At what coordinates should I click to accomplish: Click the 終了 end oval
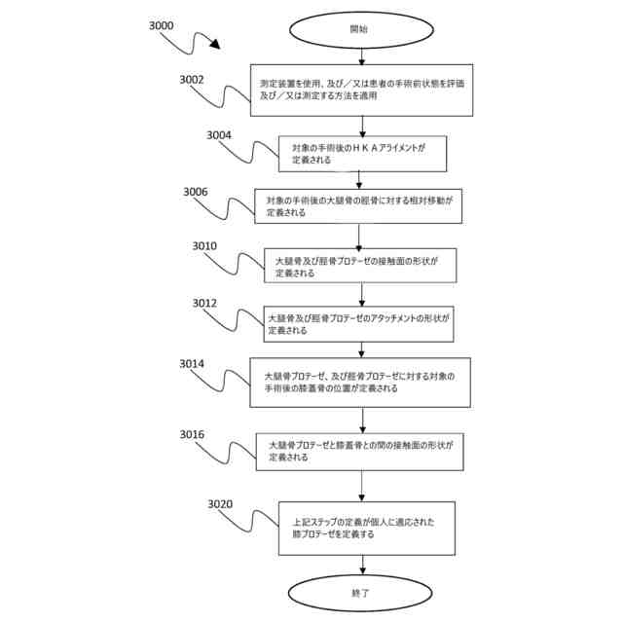point(359,591)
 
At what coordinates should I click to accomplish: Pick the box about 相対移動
point(360,205)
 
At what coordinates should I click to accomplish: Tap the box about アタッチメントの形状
point(360,324)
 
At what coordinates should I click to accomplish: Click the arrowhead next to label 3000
point(214,47)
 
